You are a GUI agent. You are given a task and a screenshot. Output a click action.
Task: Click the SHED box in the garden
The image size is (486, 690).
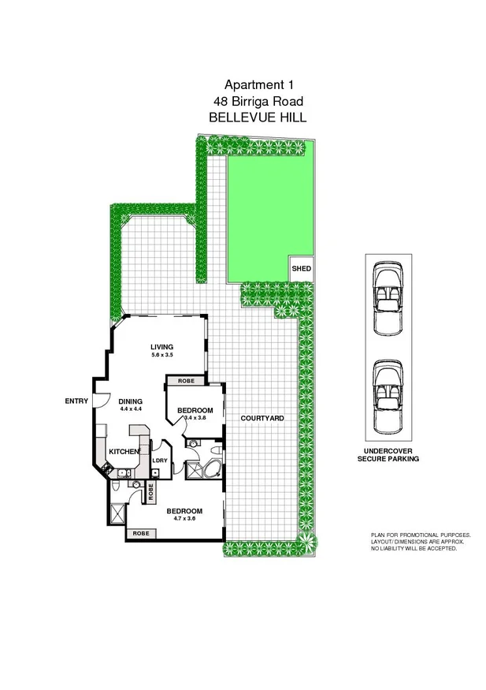[301, 269]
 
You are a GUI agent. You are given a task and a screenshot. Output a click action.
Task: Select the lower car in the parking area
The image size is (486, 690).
[388, 398]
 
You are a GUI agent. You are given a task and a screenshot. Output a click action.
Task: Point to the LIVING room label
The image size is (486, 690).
[162, 348]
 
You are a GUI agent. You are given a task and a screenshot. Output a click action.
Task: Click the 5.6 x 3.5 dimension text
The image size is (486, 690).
[162, 356]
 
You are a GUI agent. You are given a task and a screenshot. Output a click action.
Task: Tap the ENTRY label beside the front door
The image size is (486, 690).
[76, 401]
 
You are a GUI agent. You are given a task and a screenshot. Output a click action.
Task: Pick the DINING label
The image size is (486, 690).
[130, 401]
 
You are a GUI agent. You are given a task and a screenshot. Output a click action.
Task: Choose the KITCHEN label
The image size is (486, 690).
[124, 451]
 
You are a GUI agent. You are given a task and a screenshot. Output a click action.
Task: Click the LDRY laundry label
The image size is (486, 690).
[159, 461]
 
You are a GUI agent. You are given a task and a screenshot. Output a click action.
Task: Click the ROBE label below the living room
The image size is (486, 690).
[186, 381]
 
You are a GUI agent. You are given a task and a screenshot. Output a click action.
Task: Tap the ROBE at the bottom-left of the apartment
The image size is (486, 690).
[140, 534]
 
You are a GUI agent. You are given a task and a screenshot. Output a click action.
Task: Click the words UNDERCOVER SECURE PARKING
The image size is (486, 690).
[388, 453]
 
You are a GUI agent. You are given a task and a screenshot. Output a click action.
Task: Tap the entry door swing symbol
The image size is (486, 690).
[99, 400]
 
